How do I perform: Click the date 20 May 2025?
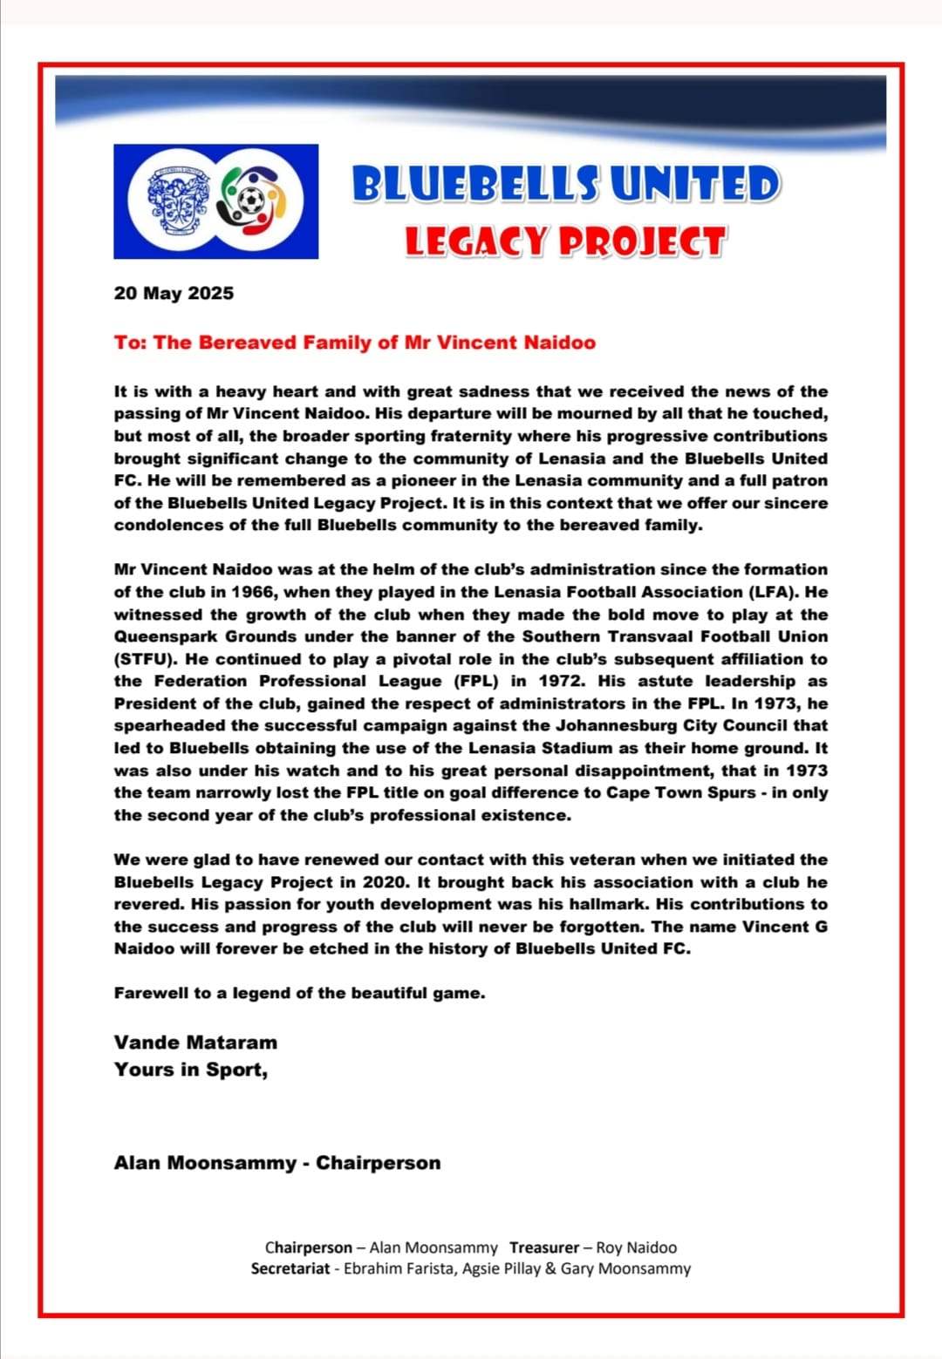174,293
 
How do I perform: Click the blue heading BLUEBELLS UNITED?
565,185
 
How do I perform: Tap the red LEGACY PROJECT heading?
564,242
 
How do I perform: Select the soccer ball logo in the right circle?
253,201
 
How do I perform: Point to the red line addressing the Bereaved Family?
354,343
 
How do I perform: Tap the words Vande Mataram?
195,1043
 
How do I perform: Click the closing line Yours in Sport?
190,1070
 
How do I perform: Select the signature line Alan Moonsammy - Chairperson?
277,1163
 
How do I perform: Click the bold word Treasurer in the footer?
544,1247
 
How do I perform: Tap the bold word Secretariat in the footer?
290,1268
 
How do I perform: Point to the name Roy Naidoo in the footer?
636,1247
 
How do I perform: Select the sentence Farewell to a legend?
299,993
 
